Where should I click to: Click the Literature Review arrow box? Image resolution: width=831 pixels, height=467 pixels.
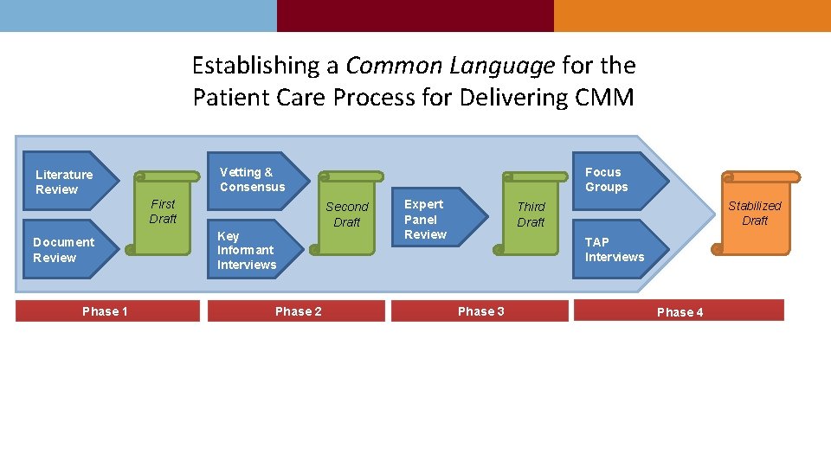pos(68,182)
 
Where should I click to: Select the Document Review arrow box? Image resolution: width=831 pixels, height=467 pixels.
pos(68,249)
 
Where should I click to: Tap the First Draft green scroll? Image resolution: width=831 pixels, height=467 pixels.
pos(163,213)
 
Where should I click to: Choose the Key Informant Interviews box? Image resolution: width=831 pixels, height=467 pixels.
pos(251,250)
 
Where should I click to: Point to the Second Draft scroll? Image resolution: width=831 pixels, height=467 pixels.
pos(346,214)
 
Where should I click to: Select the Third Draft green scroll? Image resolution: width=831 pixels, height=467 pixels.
pos(531,214)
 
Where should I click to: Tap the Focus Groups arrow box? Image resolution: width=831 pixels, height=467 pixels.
pos(618,180)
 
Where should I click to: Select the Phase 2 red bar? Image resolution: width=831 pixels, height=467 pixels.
pos(299,311)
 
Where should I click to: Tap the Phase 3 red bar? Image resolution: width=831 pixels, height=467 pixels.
pos(480,311)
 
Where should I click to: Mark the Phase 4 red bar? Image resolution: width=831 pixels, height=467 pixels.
pos(680,311)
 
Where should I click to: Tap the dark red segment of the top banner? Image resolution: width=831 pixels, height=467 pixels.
pos(415,16)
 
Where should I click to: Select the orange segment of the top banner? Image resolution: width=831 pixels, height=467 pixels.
pos(692,16)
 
